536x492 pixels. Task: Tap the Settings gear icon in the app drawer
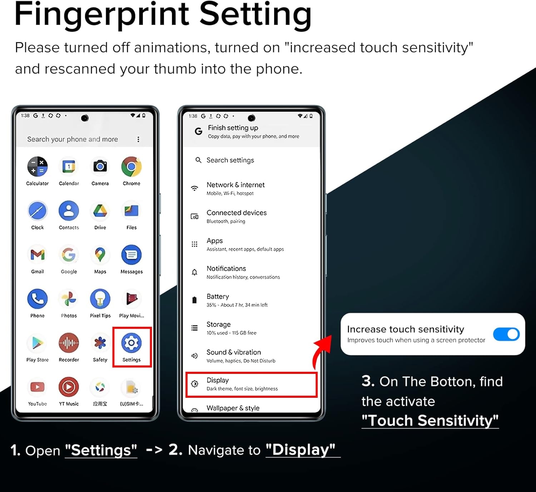coord(131,343)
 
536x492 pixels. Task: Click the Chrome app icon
coord(131,167)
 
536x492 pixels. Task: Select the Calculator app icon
coord(38,167)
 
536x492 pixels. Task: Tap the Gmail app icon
coord(38,255)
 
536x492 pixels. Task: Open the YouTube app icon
coord(38,387)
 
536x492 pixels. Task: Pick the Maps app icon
coord(100,255)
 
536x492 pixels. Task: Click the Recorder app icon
coord(69,343)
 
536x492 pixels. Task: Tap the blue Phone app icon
coord(38,299)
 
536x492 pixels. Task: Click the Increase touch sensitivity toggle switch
coord(506,334)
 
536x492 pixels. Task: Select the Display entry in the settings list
coord(252,384)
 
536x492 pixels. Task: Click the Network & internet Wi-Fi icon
coord(194,188)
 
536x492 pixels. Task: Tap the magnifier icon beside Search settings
coord(198,160)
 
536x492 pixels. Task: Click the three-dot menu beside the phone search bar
coord(138,139)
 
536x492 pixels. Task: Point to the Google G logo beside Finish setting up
coord(198,131)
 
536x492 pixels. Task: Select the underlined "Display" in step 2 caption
coord(301,450)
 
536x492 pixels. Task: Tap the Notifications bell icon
coord(194,272)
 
